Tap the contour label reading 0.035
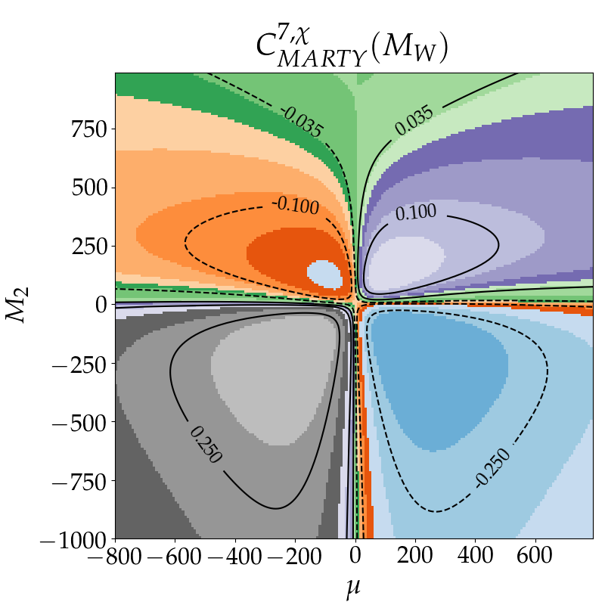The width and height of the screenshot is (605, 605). click(413, 120)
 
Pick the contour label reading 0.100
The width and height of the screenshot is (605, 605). click(416, 213)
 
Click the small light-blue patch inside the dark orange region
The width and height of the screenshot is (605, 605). click(324, 273)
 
